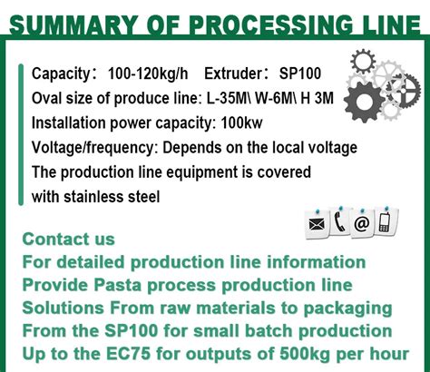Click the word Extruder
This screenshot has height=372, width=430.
tap(236, 73)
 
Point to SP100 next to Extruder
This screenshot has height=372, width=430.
tap(302, 73)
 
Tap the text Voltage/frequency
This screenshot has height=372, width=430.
tap(88, 147)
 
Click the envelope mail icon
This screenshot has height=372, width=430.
tap(318, 223)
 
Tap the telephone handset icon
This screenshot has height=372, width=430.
tap(340, 222)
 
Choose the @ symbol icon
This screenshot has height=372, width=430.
tap(362, 223)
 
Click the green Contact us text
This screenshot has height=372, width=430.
tap(69, 240)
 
